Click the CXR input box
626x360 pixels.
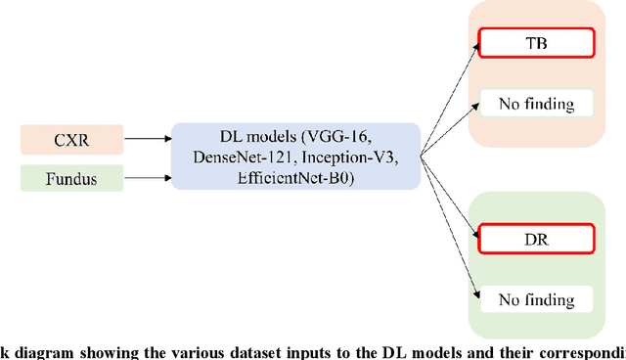coord(70,141)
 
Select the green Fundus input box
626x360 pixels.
coord(70,179)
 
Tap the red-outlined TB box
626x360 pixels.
coord(535,41)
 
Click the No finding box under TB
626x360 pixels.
coord(535,103)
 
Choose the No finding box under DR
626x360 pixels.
coord(535,298)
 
